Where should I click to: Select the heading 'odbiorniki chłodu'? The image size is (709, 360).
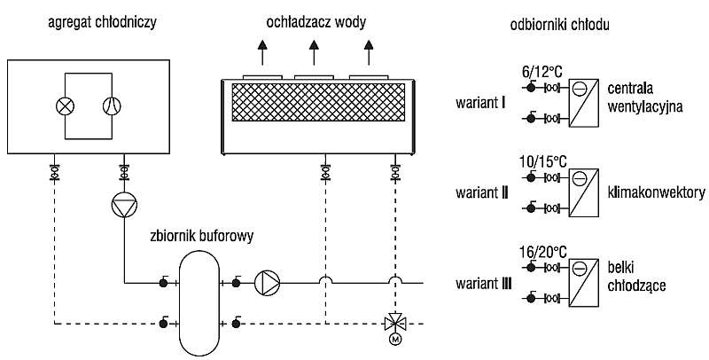559,25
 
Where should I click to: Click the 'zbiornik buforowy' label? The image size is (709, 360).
202,236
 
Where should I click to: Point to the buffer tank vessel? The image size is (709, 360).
199,303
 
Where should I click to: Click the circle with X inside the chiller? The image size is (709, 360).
65,106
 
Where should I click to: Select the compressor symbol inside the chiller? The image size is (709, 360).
112,106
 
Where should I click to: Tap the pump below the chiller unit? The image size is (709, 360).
124,205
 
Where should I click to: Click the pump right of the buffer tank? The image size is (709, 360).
268,283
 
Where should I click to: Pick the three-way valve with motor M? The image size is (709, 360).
395,324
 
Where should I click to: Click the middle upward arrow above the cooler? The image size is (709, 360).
314,52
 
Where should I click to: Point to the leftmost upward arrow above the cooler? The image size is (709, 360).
261,52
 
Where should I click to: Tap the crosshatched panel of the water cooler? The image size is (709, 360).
318,102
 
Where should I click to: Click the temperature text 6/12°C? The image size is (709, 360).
541,72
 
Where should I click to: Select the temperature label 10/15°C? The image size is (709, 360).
541,161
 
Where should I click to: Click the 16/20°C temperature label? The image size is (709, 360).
541,252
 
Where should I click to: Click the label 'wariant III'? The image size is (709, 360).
484,284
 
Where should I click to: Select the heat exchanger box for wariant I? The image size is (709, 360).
583,103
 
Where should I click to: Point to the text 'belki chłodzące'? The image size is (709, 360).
636,277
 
